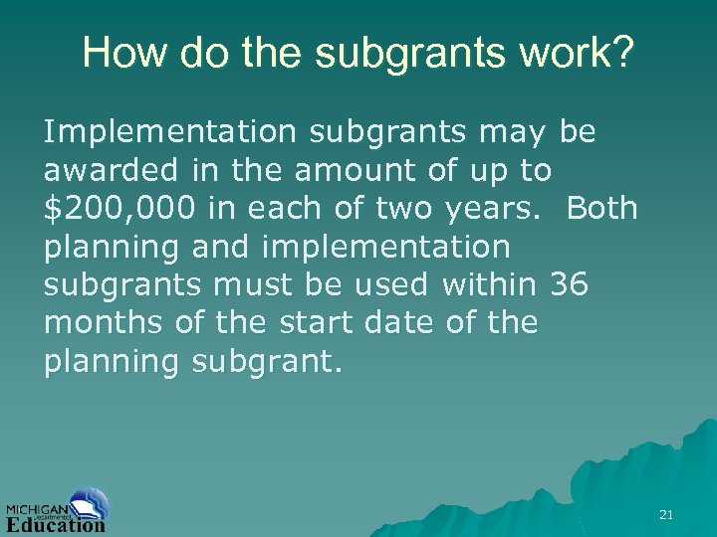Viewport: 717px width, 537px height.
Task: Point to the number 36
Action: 569,285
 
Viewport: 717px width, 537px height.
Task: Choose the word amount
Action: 354,170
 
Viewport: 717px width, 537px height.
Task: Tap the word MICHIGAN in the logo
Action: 36,506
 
